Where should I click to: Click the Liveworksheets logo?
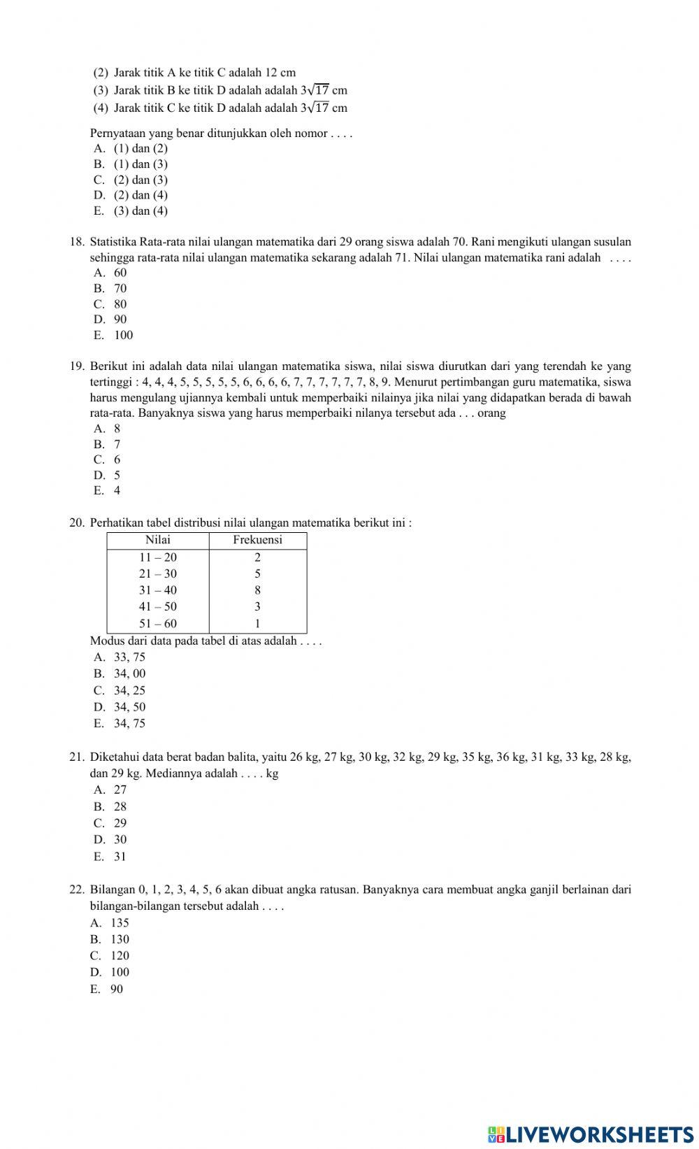click(590, 1134)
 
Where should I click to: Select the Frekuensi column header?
click(257, 540)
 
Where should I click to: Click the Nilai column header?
click(158, 540)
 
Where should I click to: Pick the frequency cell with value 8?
click(257, 590)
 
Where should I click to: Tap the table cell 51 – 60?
click(158, 624)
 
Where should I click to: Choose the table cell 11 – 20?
click(158, 557)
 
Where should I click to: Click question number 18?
click(76, 242)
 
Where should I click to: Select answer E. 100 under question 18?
click(114, 335)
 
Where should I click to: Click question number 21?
click(76, 757)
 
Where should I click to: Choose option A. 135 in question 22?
click(110, 922)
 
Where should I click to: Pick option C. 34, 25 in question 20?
click(120, 690)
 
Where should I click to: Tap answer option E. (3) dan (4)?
click(131, 210)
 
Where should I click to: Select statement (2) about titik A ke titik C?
click(196, 72)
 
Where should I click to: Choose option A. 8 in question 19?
click(108, 429)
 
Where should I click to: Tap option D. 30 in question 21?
click(111, 839)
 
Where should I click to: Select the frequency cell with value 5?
click(257, 573)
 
